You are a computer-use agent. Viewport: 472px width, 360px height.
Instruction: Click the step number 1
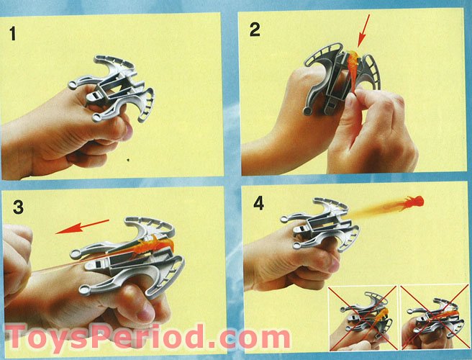tap(13, 33)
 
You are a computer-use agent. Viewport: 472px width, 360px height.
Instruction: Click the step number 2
tap(255, 30)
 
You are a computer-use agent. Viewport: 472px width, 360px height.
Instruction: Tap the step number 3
tap(19, 207)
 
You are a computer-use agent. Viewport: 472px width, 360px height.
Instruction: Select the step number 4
tap(258, 203)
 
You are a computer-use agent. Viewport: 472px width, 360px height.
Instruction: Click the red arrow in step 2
tap(363, 31)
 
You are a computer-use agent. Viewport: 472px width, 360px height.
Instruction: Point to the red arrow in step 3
tap(82, 227)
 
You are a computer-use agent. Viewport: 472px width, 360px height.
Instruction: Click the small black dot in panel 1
tap(129, 161)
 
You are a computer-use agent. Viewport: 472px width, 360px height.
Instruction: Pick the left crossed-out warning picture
tap(363, 318)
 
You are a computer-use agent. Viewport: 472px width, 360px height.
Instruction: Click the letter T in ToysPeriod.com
tap(18, 336)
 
